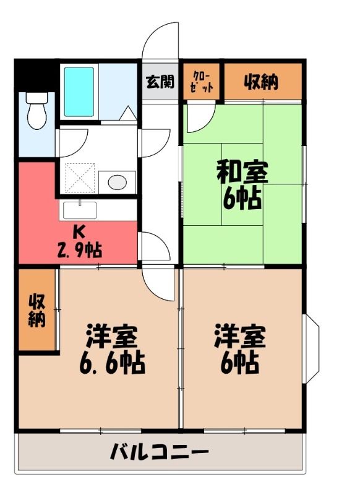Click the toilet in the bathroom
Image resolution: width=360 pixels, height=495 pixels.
coord(36,111)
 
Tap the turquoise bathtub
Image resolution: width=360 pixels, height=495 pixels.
coord(79,92)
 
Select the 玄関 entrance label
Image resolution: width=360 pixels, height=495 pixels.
coord(160,82)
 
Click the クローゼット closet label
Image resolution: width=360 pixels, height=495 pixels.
coord(202,82)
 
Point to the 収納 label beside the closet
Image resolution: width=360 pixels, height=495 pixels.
coord(262,82)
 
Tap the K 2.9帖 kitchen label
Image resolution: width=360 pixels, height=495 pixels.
coord(79,243)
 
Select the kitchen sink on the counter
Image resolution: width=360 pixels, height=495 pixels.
coord(80,210)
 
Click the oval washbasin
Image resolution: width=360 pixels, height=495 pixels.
coord(118,182)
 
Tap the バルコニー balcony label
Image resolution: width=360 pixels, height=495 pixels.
coord(160,452)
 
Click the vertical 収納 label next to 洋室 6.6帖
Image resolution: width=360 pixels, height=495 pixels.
coord(37,311)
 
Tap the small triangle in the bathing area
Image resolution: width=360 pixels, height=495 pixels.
coord(128,113)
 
